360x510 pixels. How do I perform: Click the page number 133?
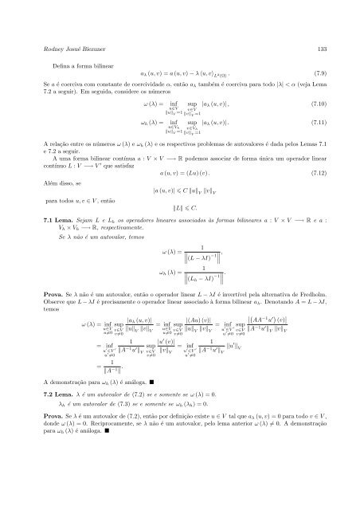click(x=315, y=46)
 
